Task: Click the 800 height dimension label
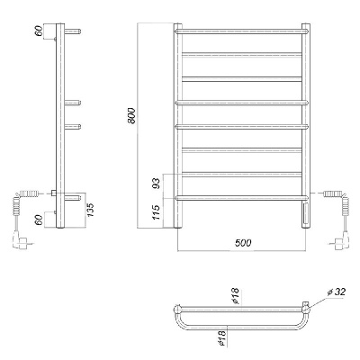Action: (132, 115)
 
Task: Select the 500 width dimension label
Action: (242, 242)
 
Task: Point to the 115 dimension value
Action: (157, 212)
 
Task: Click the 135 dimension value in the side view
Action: (91, 211)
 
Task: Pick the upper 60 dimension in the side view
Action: (40, 31)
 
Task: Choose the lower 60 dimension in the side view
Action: (40, 220)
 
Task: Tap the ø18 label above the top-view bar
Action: (235, 295)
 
